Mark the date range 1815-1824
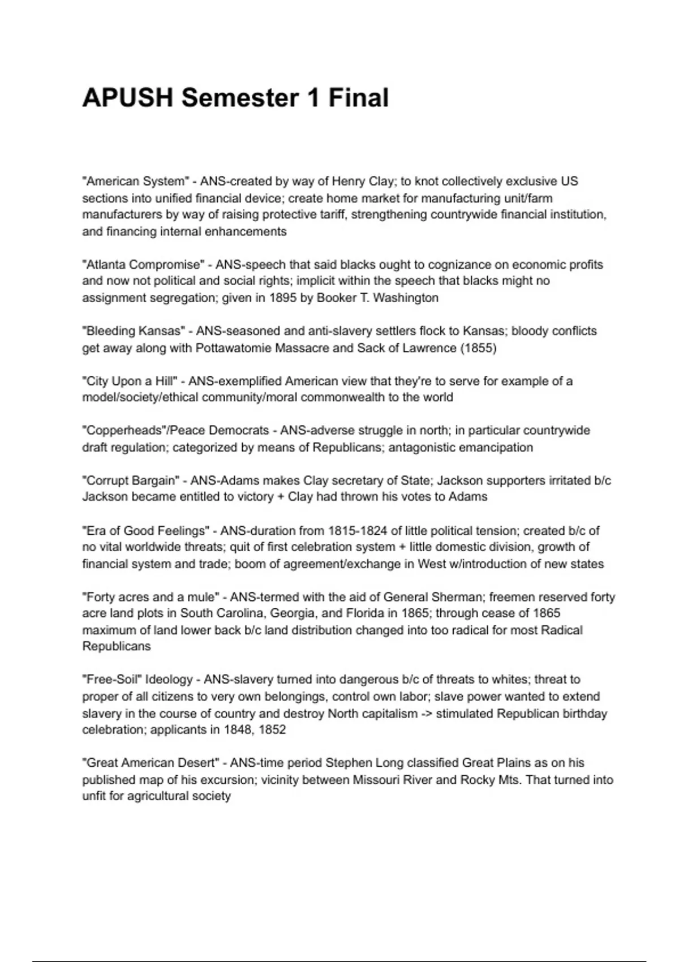pyautogui.click(x=356, y=531)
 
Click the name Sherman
pyautogui.click(x=455, y=597)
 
